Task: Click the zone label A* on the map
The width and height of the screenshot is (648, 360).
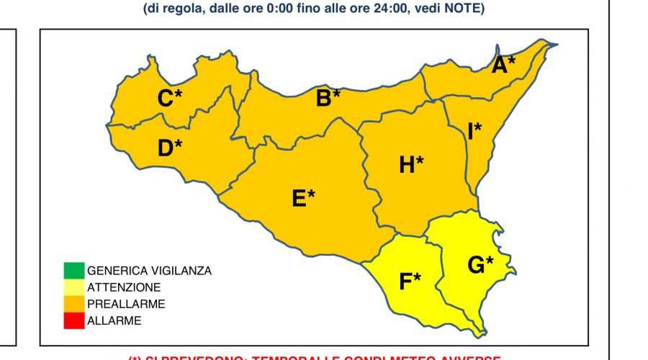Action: coord(504,65)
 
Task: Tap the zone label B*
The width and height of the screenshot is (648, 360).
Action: coord(328,97)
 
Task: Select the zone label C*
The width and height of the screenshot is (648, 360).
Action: coord(170,99)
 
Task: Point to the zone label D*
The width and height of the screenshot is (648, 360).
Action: coord(170,148)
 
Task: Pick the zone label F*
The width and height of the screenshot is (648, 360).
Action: coord(410,282)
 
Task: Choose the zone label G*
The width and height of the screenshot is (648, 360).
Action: coord(480,265)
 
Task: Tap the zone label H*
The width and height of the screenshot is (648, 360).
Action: coord(411,165)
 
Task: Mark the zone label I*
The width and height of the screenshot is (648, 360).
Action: coord(474,131)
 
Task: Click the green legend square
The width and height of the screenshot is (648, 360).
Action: coord(73,271)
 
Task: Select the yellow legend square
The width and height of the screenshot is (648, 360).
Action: coord(73,287)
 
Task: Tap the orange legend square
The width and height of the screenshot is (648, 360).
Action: coord(73,304)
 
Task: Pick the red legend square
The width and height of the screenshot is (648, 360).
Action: coord(73,320)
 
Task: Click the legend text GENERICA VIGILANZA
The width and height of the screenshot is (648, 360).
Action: coord(149,271)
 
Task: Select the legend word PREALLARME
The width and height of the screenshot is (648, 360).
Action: coord(126,304)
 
